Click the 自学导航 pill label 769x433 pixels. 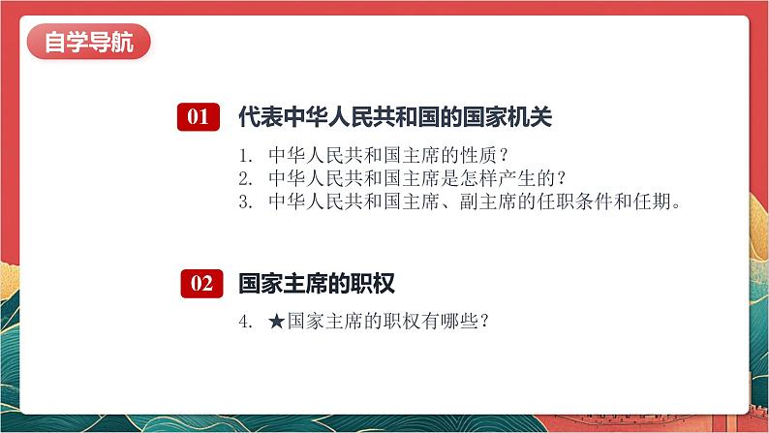pyautogui.click(x=88, y=42)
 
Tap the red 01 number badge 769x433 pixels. pyautogui.click(x=199, y=116)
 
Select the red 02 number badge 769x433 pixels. pyautogui.click(x=201, y=284)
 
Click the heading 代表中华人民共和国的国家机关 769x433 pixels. pyautogui.click(x=395, y=116)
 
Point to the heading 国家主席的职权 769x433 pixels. pyautogui.click(x=317, y=284)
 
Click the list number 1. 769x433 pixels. pyautogui.click(x=245, y=156)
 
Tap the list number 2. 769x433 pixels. pyautogui.click(x=245, y=179)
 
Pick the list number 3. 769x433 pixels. pyautogui.click(x=245, y=202)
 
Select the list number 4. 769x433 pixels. pyautogui.click(x=245, y=322)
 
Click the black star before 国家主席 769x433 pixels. pyautogui.click(x=277, y=322)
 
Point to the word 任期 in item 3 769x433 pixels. pyautogui.click(x=652, y=201)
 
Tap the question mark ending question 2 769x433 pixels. pyautogui.click(x=562, y=178)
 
